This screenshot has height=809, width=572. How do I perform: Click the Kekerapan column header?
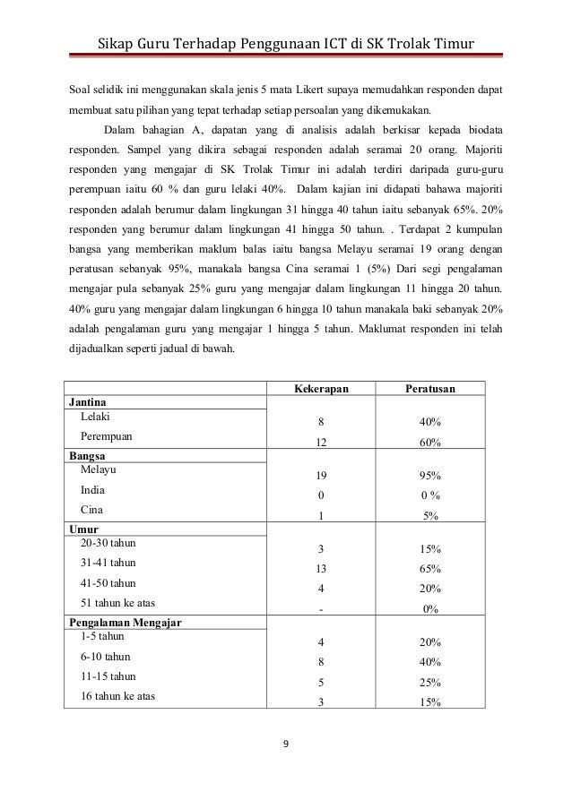coord(321,389)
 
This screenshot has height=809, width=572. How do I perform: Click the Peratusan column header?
coord(433,389)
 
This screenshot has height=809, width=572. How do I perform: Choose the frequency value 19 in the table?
coord(321,477)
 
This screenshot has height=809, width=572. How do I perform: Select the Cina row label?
coord(91,509)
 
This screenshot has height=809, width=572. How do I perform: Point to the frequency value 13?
coord(321,569)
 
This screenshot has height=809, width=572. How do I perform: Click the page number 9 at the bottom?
coord(285,743)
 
